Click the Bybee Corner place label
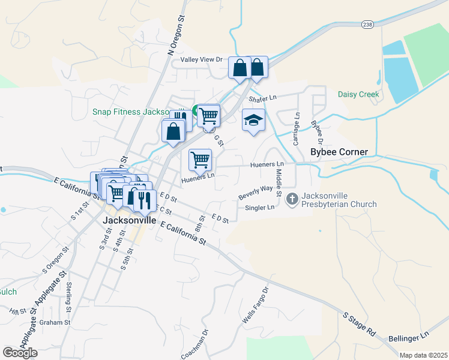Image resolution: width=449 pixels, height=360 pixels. pyautogui.click(x=339, y=152)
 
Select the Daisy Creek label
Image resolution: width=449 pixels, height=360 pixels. pyautogui.click(x=358, y=94)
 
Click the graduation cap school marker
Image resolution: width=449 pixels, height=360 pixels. pyautogui.click(x=253, y=120)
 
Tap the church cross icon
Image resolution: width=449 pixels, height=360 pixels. pyautogui.click(x=292, y=197)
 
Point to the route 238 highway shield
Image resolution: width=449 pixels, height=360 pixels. pyautogui.click(x=367, y=24)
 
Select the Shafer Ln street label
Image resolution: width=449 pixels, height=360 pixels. pyautogui.click(x=263, y=98)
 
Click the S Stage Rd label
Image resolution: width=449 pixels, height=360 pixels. pyautogui.click(x=360, y=322)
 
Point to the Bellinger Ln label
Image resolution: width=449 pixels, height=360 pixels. pyautogui.click(x=409, y=337)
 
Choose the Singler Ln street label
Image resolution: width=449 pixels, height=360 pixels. pyautogui.click(x=259, y=208)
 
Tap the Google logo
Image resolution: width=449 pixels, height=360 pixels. pyautogui.click(x=20, y=353)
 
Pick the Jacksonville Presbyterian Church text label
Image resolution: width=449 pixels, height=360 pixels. pyautogui.click(x=339, y=200)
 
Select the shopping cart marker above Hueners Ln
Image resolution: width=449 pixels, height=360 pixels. pyautogui.click(x=200, y=159)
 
